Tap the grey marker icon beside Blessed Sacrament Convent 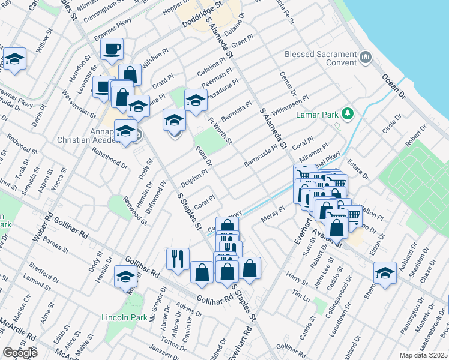[x=366, y=58]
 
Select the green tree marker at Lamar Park [x=346, y=113]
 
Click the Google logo [x=20, y=353]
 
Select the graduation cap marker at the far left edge [x=14, y=59]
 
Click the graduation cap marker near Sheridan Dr [x=385, y=273]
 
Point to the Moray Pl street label [x=272, y=217]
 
